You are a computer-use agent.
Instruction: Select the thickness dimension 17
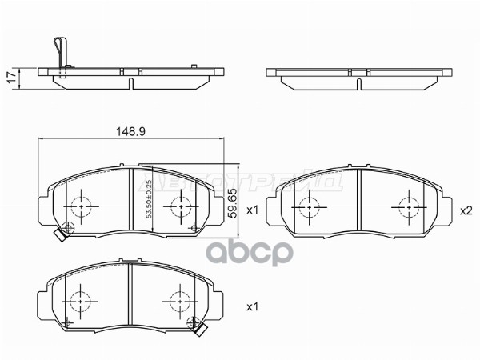pyautogui.click(x=10, y=78)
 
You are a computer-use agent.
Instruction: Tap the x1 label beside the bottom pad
pyautogui.click(x=251, y=306)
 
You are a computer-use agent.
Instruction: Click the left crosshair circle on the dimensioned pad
pyautogui.click(x=82, y=207)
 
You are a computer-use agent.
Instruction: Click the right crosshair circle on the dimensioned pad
pyautogui.click(x=178, y=207)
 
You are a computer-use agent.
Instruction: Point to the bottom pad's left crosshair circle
pyautogui.click(x=82, y=303)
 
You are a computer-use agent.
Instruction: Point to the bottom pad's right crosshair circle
pyautogui.click(x=178, y=303)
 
